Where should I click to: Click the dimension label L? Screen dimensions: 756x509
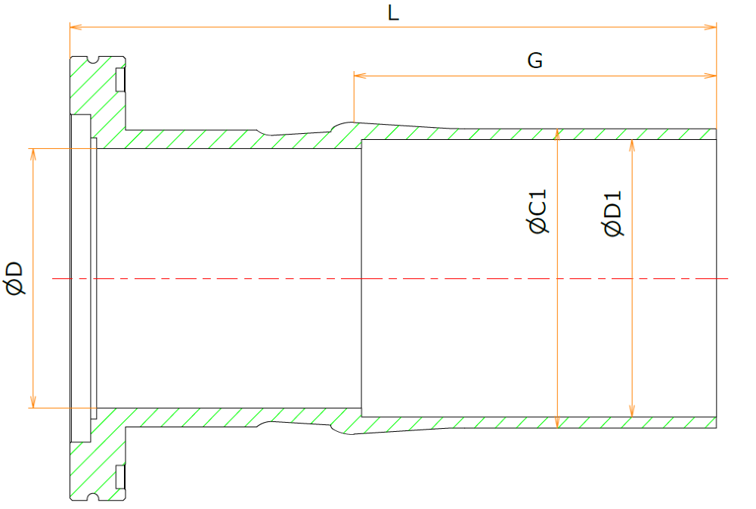coord(393,13)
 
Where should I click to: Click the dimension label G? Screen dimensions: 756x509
coord(534,61)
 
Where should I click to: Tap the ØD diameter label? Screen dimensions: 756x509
coord(15,278)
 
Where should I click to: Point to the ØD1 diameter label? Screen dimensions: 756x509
coord(613,213)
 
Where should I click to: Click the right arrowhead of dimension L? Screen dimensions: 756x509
coord(710,27)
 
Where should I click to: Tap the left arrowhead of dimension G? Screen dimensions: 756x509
coord(360,76)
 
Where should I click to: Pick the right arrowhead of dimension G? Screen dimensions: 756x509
coord(710,76)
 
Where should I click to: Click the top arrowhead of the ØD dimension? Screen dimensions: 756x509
coord(33,154)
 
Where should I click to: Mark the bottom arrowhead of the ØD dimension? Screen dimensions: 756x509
coord(33,402)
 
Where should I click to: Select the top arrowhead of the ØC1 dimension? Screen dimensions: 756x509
coord(557,135)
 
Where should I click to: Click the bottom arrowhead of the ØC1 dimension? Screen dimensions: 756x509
coord(557,422)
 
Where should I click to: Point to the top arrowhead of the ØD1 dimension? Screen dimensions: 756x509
coord(632,146)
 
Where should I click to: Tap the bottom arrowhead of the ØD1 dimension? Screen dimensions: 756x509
coord(632,411)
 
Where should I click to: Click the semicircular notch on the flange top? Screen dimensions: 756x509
coord(93,60)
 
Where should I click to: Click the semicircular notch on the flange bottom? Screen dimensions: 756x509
coord(93,497)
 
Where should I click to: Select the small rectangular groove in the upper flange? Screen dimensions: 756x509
coord(120,79)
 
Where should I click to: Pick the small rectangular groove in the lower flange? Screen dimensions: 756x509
coord(120,476)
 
